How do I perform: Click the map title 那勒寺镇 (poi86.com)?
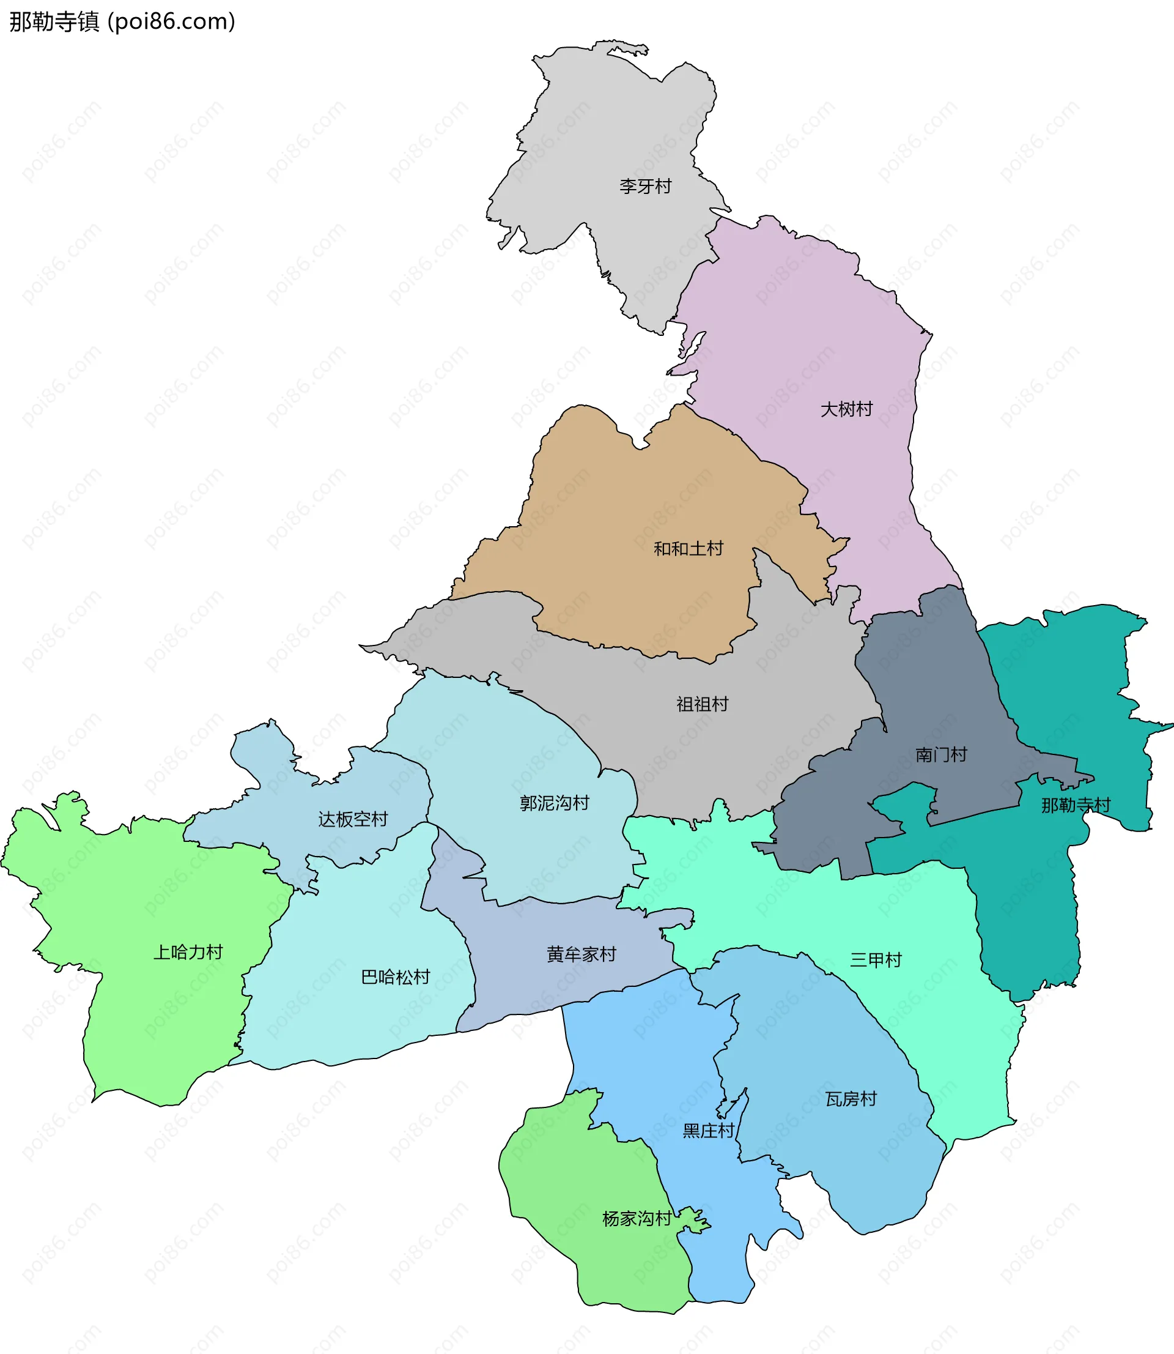coord(122,21)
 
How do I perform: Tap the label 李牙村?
coord(645,187)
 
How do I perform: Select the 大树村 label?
coord(846,409)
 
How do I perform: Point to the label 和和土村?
coord(688,549)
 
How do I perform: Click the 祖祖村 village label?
coord(703,704)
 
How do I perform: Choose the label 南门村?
coord(941,755)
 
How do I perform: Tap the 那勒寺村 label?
coord(1076,805)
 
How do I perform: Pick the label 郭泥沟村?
coord(554,803)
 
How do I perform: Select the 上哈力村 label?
coord(188,952)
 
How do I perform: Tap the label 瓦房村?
coord(851,1099)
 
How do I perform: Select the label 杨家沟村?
coord(636,1219)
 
